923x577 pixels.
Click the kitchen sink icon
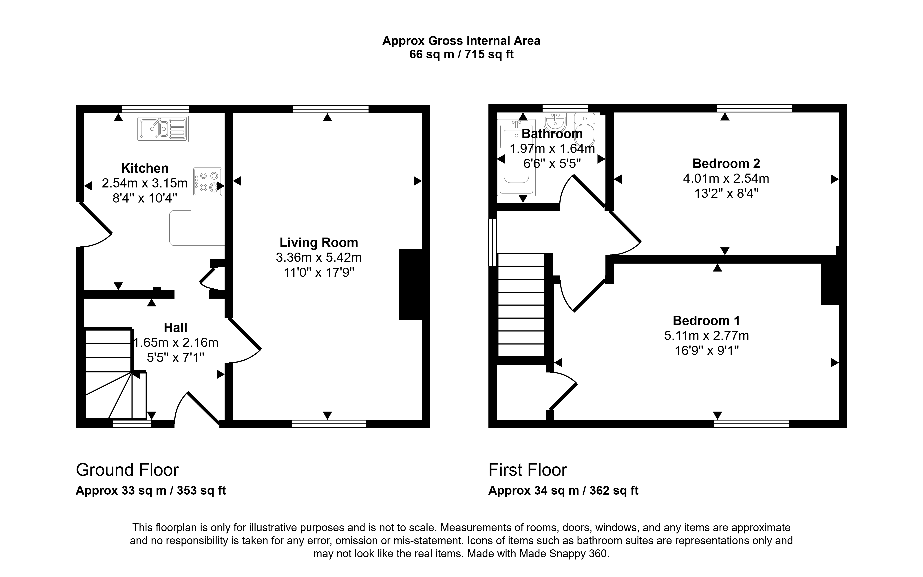pyautogui.click(x=162, y=129)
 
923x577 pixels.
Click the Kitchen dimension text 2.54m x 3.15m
pyautogui.click(x=145, y=183)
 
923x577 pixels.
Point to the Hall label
pyautogui.click(x=176, y=327)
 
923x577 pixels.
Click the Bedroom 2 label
pyautogui.click(x=726, y=163)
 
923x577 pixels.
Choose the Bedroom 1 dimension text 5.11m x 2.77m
pyautogui.click(x=707, y=335)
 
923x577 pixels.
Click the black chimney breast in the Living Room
pyautogui.click(x=411, y=284)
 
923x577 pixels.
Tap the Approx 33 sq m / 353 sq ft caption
pyautogui.click(x=151, y=490)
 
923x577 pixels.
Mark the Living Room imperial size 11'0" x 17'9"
pyautogui.click(x=319, y=273)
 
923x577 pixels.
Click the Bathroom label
pyautogui.click(x=552, y=134)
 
